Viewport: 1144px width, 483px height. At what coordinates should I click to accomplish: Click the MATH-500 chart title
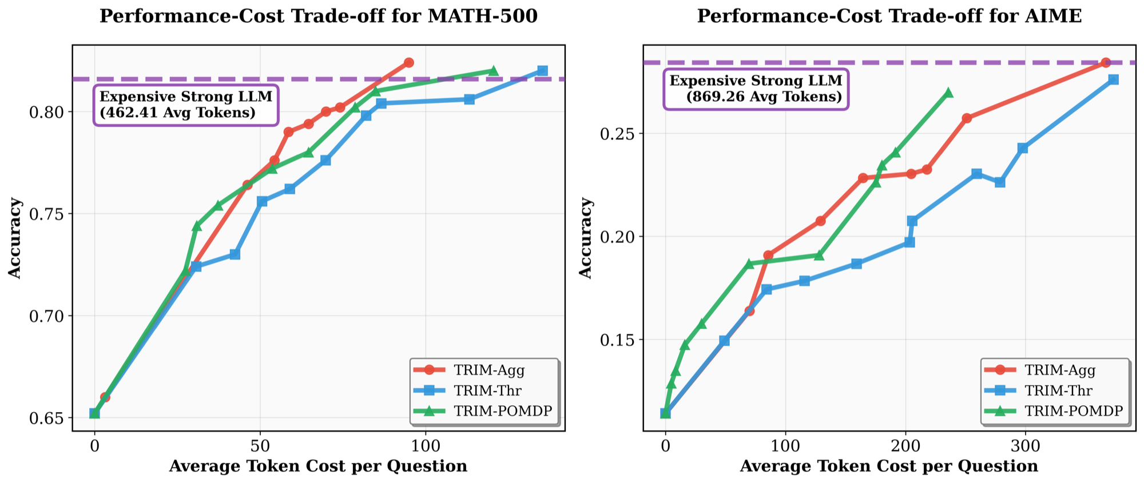pyautogui.click(x=319, y=16)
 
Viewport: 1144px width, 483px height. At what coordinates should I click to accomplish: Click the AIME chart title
pyautogui.click(x=889, y=16)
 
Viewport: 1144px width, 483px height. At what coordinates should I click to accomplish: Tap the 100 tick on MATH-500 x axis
pyautogui.click(x=426, y=445)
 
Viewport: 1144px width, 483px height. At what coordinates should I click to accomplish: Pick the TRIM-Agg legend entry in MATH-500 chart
pyautogui.click(x=488, y=370)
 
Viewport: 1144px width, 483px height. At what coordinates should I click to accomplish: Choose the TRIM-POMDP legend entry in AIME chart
pyautogui.click(x=1073, y=411)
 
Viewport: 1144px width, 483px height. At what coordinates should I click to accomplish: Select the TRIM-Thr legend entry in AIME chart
pyautogui.click(x=1058, y=390)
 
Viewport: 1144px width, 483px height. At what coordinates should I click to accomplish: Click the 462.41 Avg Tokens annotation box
pyautogui.click(x=186, y=105)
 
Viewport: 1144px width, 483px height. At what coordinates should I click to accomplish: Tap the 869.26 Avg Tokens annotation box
pyautogui.click(x=756, y=89)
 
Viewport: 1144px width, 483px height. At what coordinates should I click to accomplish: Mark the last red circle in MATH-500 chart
pyautogui.click(x=408, y=62)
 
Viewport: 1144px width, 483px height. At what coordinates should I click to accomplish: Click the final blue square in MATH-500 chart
pyautogui.click(x=542, y=71)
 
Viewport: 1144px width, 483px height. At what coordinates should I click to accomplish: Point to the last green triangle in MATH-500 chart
pyautogui.click(x=493, y=71)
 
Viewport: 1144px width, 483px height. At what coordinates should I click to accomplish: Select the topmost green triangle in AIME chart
pyautogui.click(x=948, y=93)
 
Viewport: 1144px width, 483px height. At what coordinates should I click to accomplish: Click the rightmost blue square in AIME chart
pyautogui.click(x=1113, y=79)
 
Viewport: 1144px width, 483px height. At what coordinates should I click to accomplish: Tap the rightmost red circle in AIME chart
pyautogui.click(x=1106, y=62)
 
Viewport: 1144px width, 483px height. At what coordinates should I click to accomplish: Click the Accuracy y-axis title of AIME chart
pyautogui.click(x=586, y=238)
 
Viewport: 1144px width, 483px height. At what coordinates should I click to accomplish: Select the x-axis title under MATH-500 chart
pyautogui.click(x=318, y=466)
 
